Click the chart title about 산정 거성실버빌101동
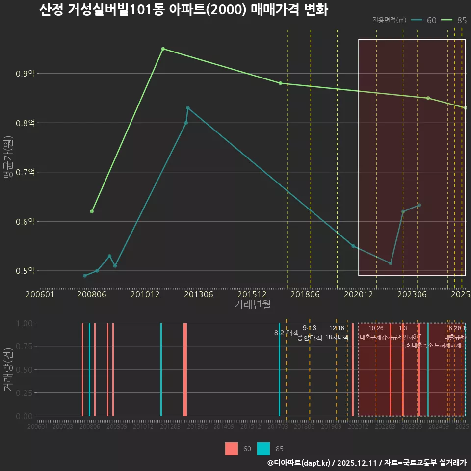[x=183, y=10]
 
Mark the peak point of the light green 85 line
[x=163, y=49]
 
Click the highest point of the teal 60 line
[x=188, y=108]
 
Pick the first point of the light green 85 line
[x=92, y=211]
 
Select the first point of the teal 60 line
[x=85, y=276]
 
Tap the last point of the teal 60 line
[x=419, y=205]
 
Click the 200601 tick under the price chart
[x=40, y=294]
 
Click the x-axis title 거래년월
[x=252, y=304]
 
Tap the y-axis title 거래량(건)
[x=8, y=369]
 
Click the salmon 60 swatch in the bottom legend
[x=232, y=448]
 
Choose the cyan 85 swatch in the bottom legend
[x=263, y=448]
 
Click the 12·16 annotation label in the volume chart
[x=337, y=328]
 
